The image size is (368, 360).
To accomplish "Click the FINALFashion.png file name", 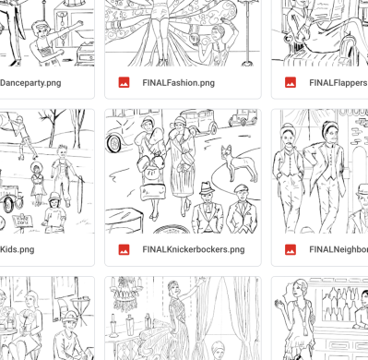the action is coord(178,83).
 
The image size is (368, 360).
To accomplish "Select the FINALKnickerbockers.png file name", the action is coord(194,249).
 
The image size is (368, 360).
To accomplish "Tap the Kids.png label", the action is coord(18,249).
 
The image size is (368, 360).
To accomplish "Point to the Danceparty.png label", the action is coord(30,83).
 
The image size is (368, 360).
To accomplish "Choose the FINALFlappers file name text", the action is coord(338,83).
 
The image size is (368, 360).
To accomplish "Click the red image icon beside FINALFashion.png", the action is coord(124,83).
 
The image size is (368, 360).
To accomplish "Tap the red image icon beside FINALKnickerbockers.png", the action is coord(124,249).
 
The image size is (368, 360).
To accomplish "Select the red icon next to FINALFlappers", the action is coord(291,83).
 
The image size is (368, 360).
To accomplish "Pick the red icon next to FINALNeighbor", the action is coord(291,249).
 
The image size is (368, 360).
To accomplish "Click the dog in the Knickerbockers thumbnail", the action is coord(238,163).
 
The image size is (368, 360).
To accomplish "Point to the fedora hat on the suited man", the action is coord(208,187).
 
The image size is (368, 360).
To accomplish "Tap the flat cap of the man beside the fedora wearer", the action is coord(242,188).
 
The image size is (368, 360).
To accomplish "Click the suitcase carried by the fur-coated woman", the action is coord(152,193).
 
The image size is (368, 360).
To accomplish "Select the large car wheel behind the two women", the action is coord(114,143).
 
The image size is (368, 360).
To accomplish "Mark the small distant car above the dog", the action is coord(243,117).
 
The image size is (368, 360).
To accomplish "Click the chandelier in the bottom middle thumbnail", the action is coord(125,294).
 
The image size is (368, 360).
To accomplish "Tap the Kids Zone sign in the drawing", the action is coord(22,222).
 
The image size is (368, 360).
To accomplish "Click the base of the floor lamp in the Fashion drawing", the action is coord(247,64).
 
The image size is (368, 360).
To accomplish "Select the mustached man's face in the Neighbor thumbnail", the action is coord(288,138).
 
